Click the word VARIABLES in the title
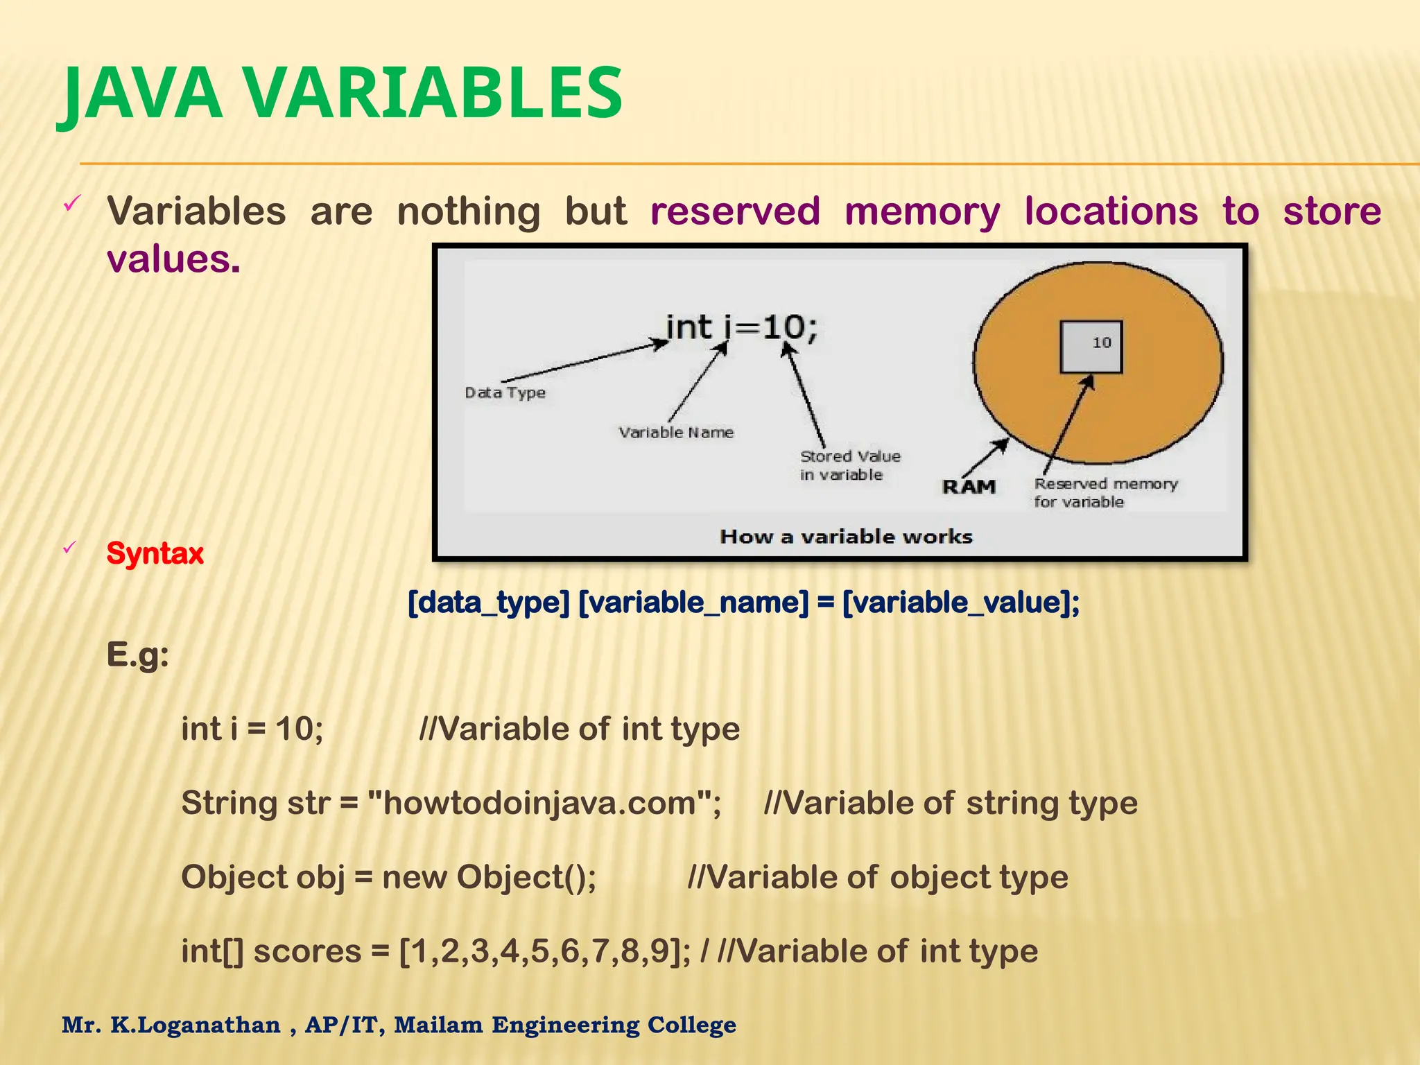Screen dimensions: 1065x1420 point(433,94)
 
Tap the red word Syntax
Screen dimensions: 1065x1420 point(155,553)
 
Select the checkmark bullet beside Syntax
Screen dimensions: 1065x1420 point(69,548)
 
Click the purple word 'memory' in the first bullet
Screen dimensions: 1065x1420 point(922,211)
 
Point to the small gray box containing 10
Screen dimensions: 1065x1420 point(1091,346)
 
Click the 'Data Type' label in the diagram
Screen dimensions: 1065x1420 point(505,392)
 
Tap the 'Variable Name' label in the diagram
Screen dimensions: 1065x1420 point(676,432)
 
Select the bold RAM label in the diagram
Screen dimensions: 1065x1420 point(969,487)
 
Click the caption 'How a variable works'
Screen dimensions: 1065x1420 point(846,536)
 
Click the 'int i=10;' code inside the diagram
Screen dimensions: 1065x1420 point(741,327)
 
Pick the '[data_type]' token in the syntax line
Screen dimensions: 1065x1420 point(488,602)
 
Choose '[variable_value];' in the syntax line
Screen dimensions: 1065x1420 point(961,602)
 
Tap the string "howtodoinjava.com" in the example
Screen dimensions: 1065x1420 point(539,803)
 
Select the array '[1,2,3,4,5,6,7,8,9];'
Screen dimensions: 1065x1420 point(545,951)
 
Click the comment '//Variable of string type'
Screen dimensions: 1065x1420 point(951,803)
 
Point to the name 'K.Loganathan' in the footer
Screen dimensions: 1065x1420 point(196,1025)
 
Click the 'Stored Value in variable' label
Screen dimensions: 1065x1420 point(849,465)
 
